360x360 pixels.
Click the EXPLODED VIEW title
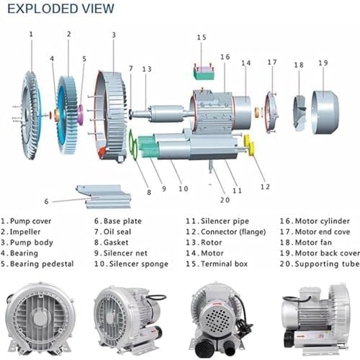(60, 9)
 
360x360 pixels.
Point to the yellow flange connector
(250, 146)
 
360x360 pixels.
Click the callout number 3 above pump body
(113, 35)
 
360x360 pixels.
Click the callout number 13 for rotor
(147, 69)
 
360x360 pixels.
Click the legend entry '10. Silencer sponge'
(130, 264)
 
